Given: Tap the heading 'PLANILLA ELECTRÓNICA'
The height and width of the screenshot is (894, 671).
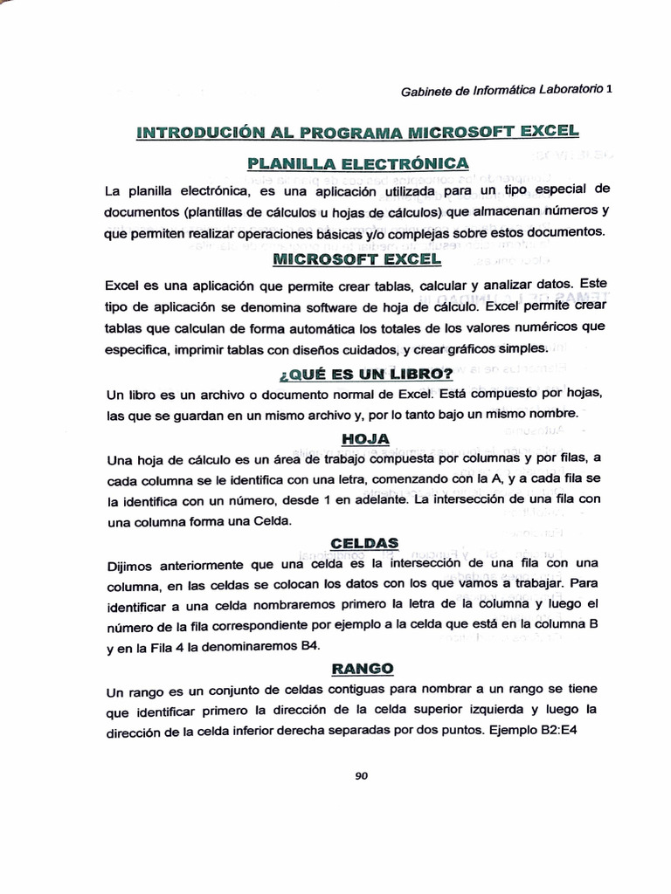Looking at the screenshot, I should [358, 163].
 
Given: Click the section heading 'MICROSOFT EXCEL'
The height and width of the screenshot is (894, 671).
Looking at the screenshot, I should [357, 259].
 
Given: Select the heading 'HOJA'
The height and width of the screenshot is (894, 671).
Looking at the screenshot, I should [364, 438].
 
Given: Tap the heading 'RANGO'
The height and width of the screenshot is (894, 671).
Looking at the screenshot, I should [363, 669].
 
